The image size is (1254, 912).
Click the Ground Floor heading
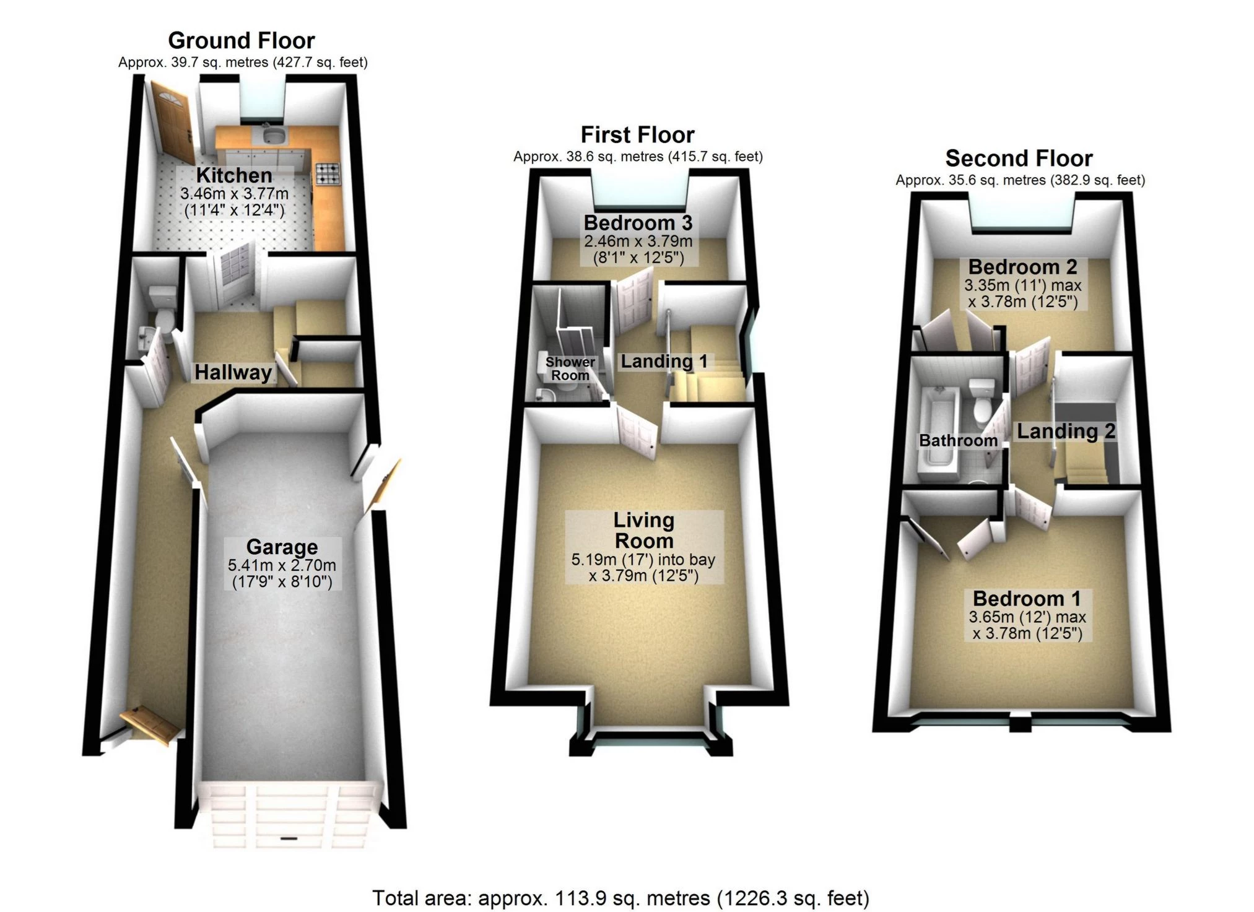click(241, 41)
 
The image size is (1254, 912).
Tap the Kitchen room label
click(234, 175)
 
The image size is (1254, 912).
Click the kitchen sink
click(271, 135)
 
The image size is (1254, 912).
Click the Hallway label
click(233, 372)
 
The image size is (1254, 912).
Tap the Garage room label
click(282, 547)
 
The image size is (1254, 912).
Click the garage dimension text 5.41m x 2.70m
click(282, 565)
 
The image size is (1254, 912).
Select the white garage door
click(286, 815)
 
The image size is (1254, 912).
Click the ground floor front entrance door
click(150, 725)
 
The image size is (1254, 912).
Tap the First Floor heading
click(637, 135)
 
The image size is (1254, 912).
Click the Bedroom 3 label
click(638, 223)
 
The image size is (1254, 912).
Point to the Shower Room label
click(570, 368)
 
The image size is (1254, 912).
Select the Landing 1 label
click(664, 361)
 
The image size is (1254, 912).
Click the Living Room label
click(643, 531)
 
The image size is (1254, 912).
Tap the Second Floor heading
click(1019, 159)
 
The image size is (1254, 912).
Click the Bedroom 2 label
click(1022, 267)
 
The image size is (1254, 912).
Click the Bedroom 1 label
click(1027, 599)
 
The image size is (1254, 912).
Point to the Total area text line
click(620, 898)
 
